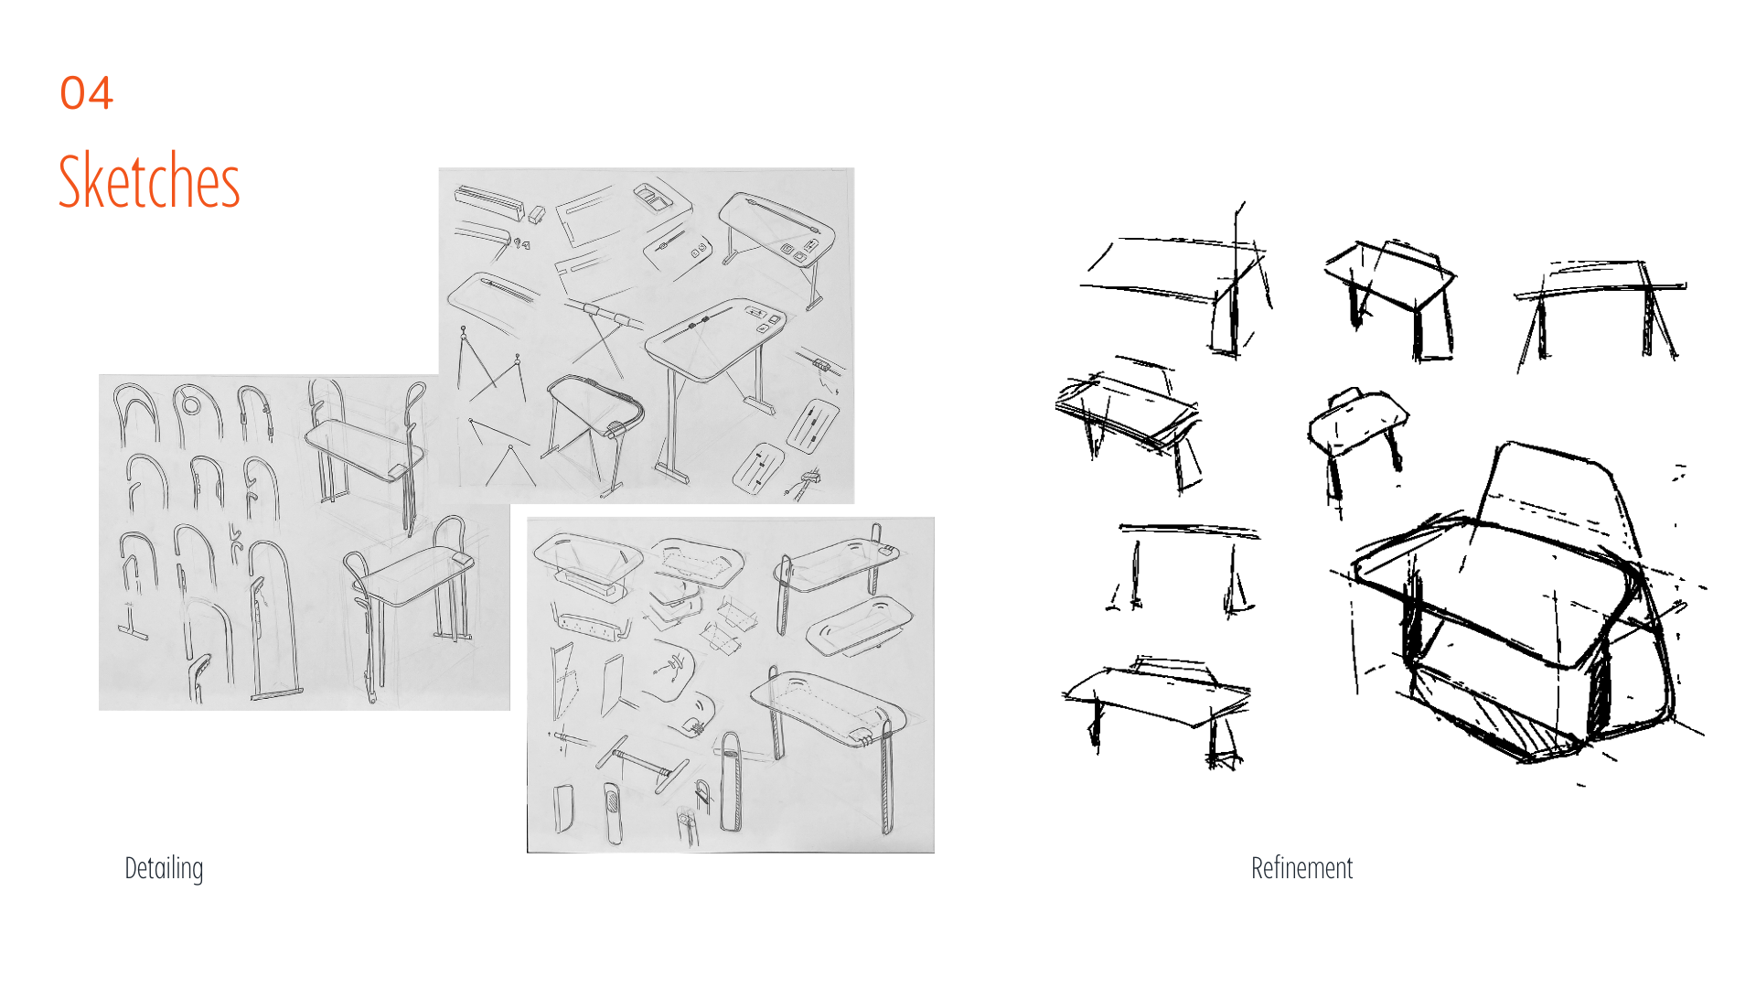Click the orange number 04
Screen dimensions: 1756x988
pyautogui.click(x=87, y=93)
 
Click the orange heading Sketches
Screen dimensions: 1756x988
pyautogui.click(x=149, y=180)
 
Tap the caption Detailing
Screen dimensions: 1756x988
pyautogui.click(x=164, y=868)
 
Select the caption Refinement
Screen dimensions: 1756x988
pyautogui.click(x=1301, y=868)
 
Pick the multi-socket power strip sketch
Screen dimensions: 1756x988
pyautogui.click(x=594, y=625)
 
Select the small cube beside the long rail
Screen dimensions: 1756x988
pyautogui.click(x=537, y=214)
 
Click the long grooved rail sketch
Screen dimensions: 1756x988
pyautogui.click(x=489, y=202)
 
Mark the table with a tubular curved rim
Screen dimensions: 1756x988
pyautogui.click(x=594, y=425)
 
